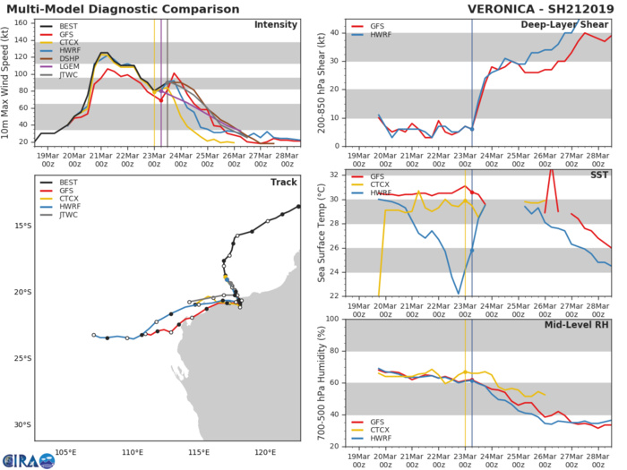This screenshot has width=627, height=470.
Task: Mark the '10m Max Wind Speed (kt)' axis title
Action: point(7,82)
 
